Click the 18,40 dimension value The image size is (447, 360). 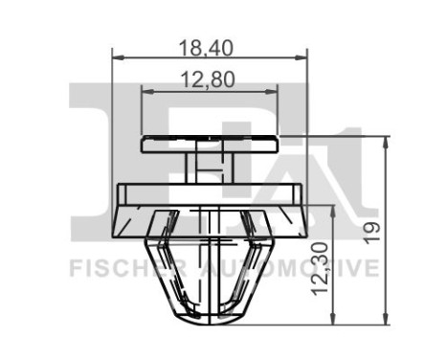[209, 45]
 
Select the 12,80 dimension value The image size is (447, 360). [209, 80]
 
